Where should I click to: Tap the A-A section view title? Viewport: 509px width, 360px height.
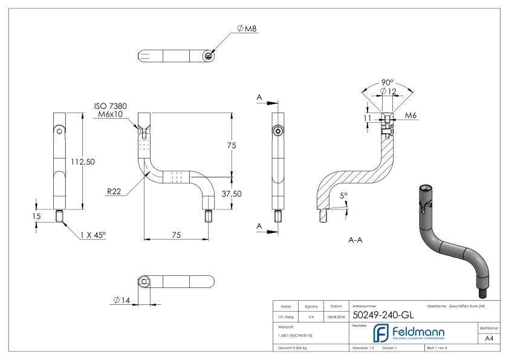[356, 240]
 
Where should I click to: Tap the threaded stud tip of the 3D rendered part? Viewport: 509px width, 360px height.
[484, 294]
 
